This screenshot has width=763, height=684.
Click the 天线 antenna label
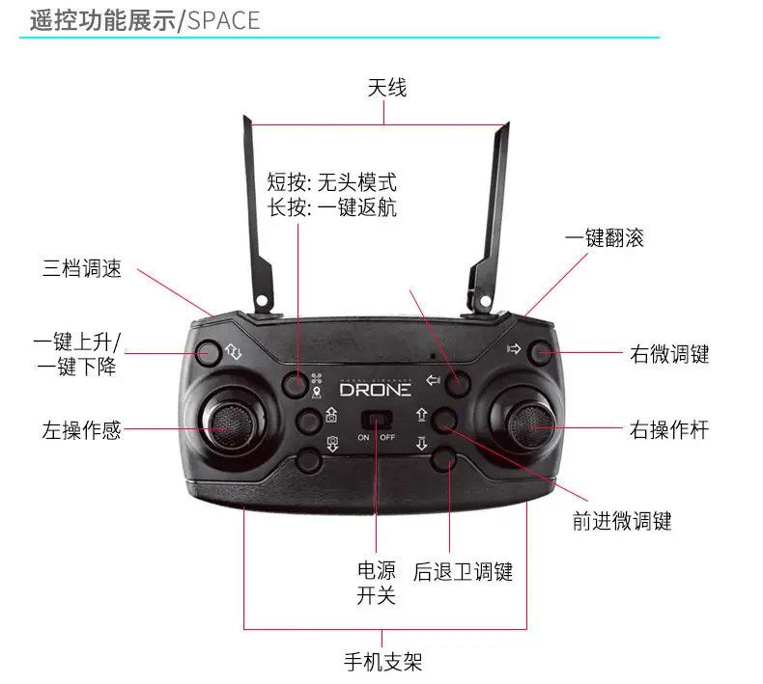[386, 89]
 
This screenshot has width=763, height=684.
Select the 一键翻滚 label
[605, 237]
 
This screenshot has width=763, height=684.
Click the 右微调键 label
[669, 354]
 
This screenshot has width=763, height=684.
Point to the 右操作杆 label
[669, 429]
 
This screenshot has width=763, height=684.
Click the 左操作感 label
[82, 429]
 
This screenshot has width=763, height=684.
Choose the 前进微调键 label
[622, 522]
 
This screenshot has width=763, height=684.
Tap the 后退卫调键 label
[463, 571]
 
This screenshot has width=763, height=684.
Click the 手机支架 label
[383, 662]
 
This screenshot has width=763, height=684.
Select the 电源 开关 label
[377, 583]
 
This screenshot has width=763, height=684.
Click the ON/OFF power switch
[376, 423]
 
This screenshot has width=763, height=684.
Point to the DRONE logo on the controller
[375, 390]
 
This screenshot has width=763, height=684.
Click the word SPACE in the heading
[223, 20]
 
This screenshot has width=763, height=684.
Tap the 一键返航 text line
[332, 207]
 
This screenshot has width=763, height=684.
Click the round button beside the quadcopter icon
[297, 384]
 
